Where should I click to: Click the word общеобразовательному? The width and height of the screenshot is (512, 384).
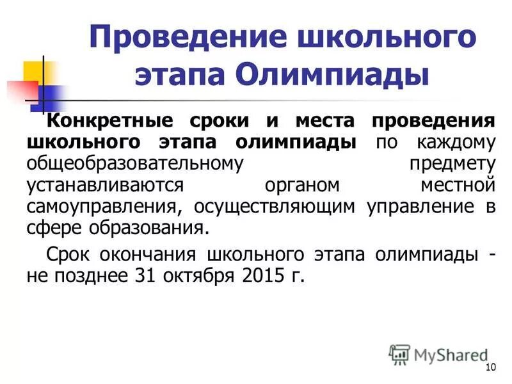click(x=135, y=164)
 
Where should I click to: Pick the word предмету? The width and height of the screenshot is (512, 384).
click(x=452, y=164)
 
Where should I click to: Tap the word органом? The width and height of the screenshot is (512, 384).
click(x=304, y=185)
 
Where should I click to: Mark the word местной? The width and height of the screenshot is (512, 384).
click(x=458, y=185)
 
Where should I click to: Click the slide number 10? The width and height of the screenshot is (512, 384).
click(x=491, y=367)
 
